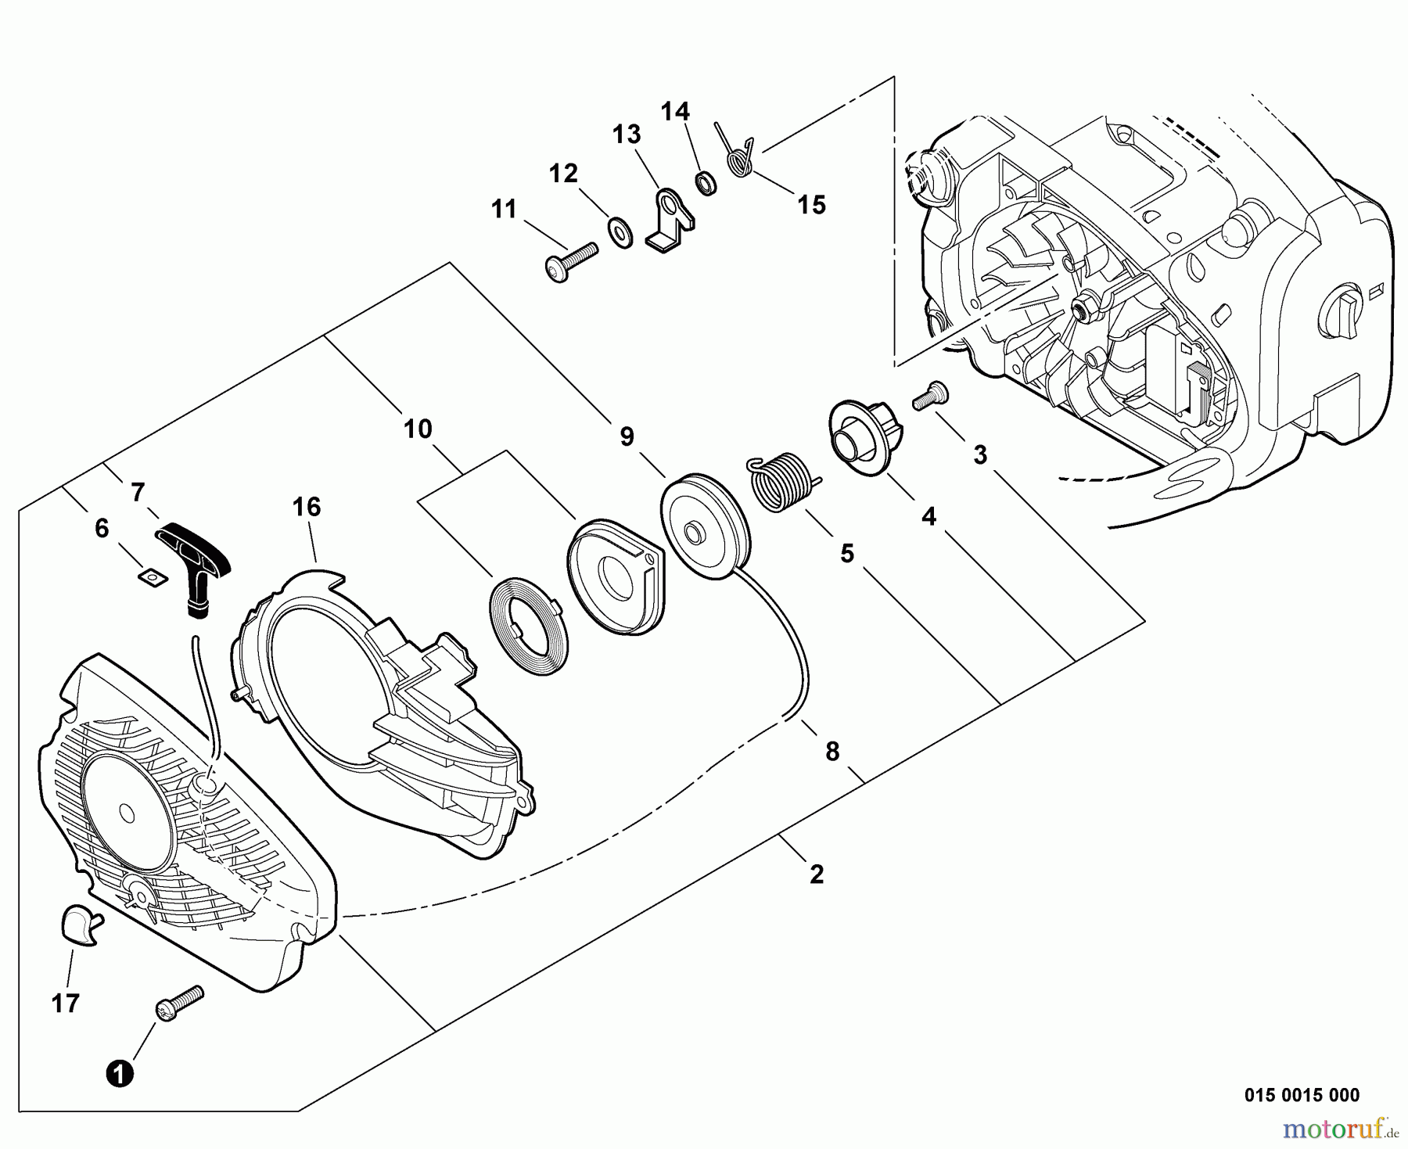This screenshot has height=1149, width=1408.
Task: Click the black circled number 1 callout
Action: (x=120, y=1073)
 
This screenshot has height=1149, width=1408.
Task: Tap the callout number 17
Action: (x=66, y=1003)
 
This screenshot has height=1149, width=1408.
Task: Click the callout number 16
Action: (x=307, y=508)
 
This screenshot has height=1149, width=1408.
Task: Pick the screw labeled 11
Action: (x=569, y=260)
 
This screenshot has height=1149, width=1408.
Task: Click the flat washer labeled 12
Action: (x=620, y=232)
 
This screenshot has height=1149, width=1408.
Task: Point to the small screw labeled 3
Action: (x=928, y=393)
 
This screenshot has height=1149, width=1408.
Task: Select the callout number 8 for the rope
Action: (x=832, y=752)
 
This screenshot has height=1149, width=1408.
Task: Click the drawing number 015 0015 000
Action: (x=1302, y=1096)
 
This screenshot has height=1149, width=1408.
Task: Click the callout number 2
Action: (x=817, y=874)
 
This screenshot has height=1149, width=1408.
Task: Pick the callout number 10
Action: (x=418, y=429)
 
